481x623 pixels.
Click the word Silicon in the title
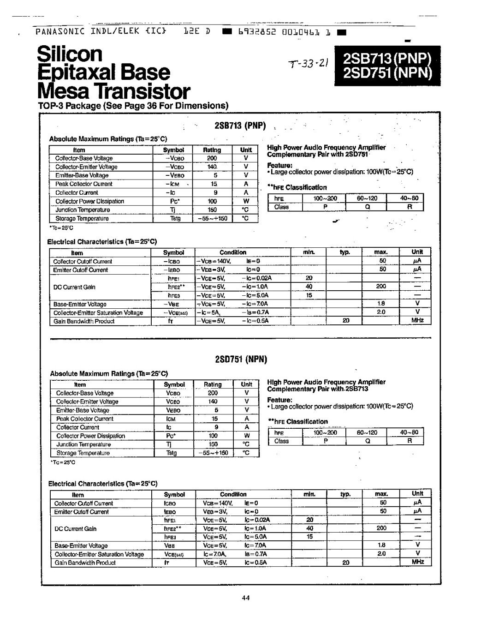click(70, 54)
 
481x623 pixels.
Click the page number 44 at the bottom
click(245, 598)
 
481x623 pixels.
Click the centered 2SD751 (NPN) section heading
click(241, 360)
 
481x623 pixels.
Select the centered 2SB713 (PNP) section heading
click(240, 126)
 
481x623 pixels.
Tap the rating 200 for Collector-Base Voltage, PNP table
click(212, 158)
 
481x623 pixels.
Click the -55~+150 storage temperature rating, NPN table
click(213, 453)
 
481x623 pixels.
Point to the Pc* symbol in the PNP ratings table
click(174, 201)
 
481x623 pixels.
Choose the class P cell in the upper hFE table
click(325, 207)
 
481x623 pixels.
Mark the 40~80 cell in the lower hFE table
click(409, 432)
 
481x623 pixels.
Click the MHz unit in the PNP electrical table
click(417, 321)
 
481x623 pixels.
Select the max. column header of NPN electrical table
click(381, 494)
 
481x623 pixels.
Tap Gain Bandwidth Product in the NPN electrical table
click(85, 563)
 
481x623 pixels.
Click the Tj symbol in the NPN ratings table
click(169, 444)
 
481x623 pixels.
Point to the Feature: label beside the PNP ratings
click(280, 165)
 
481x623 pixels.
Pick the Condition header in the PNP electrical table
click(233, 252)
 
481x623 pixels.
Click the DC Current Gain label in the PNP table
click(74, 287)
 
